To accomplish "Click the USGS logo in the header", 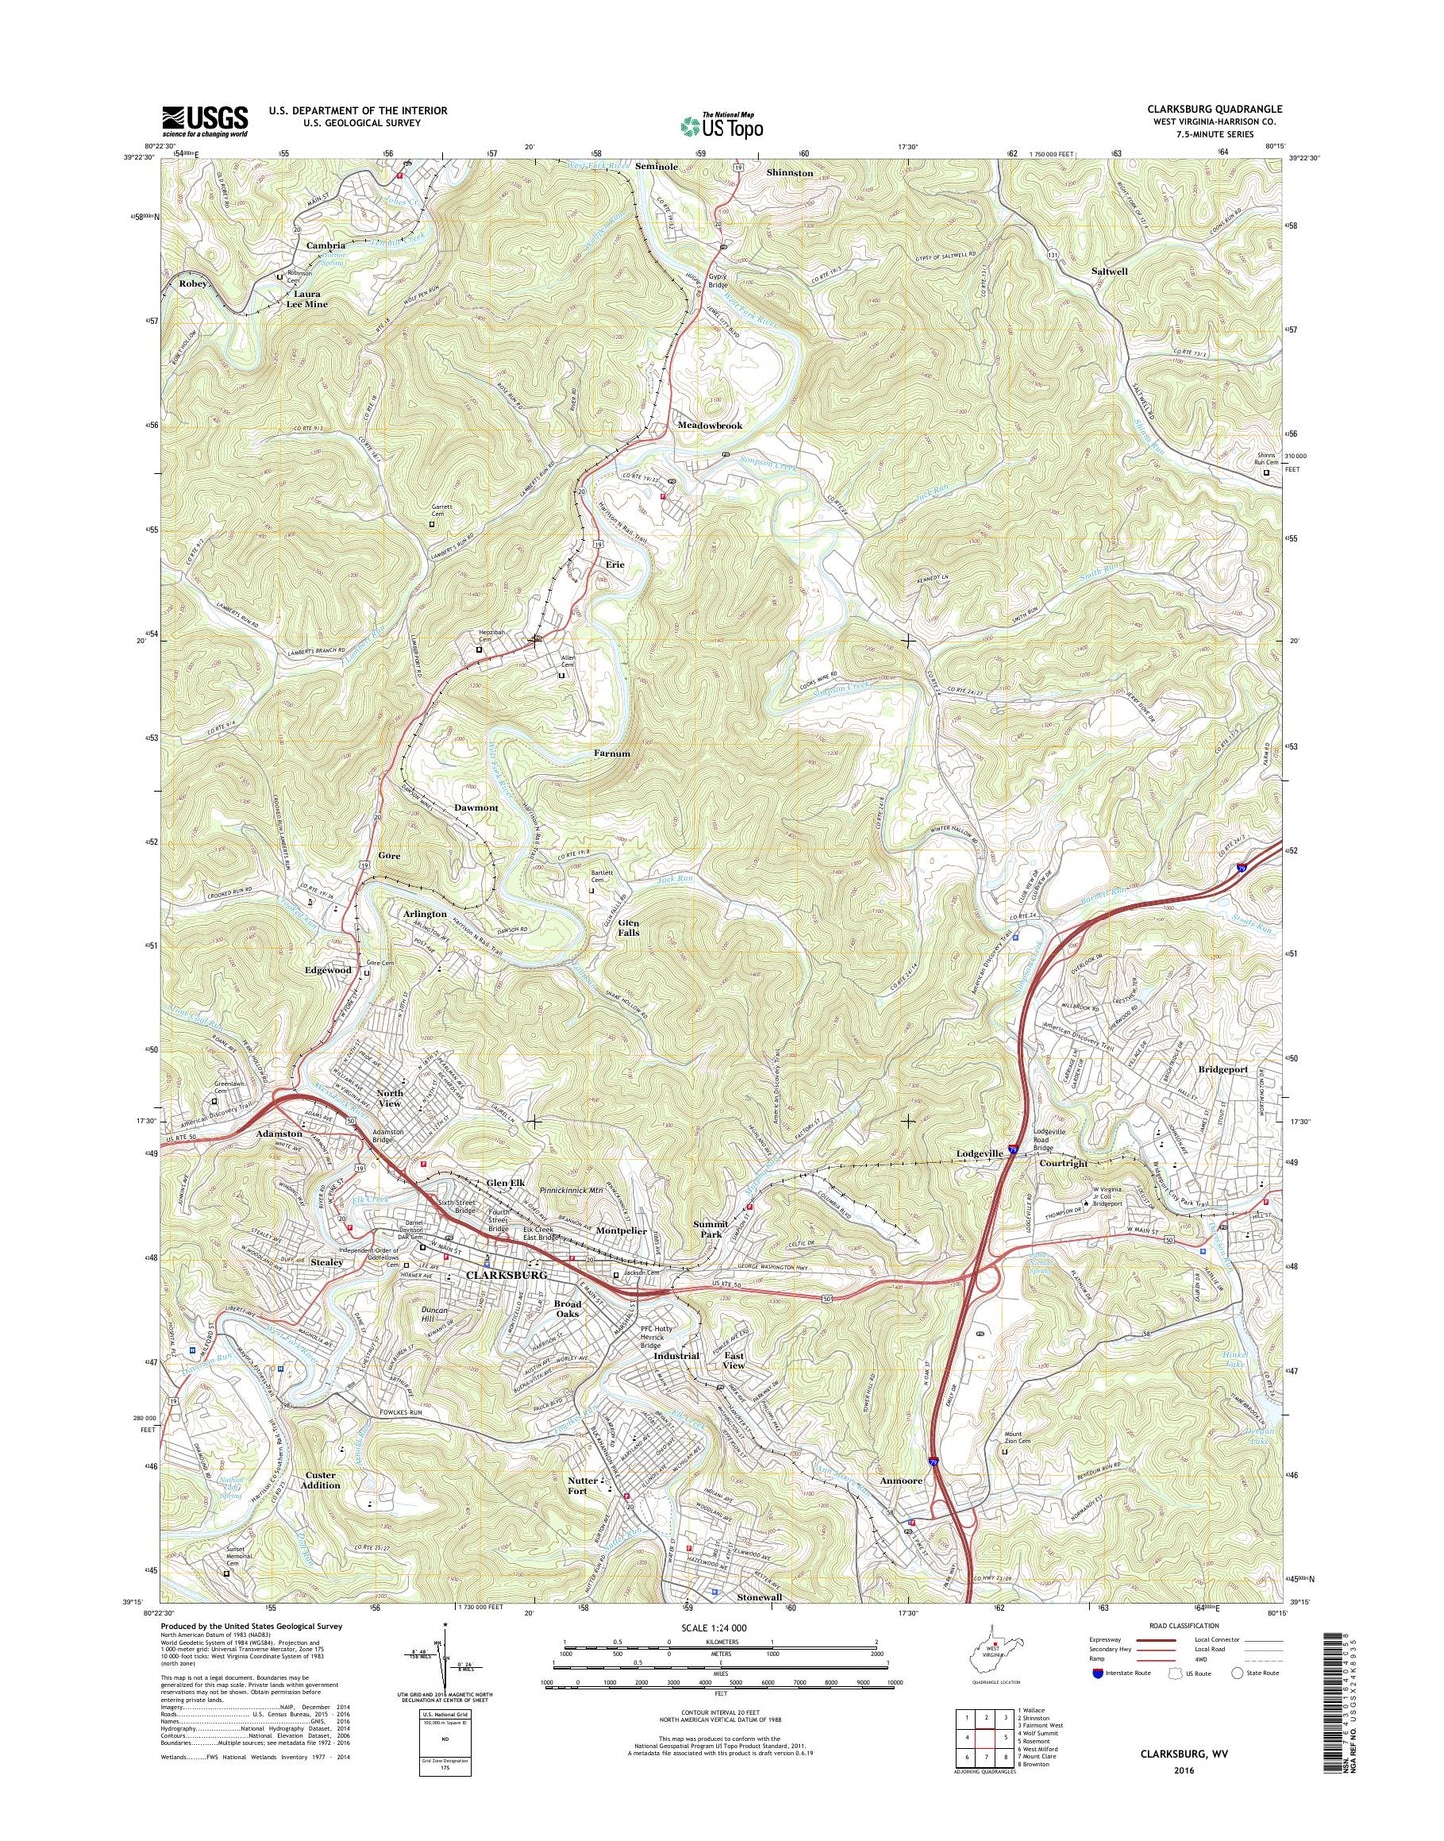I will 204,121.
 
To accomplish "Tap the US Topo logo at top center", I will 722,125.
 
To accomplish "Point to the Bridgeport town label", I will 1223,1069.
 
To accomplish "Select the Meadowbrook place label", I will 710,426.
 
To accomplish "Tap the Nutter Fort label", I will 583,1486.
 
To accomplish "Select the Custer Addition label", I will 322,1480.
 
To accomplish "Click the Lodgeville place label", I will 979,1153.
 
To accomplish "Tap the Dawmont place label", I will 476,807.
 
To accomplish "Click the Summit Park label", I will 711,1229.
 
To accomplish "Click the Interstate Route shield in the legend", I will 1099,1673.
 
